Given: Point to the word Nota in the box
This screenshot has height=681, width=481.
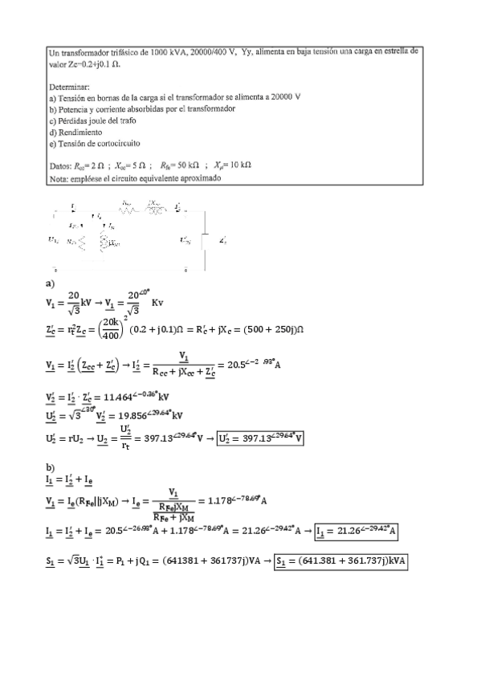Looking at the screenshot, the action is [x=58, y=179].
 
